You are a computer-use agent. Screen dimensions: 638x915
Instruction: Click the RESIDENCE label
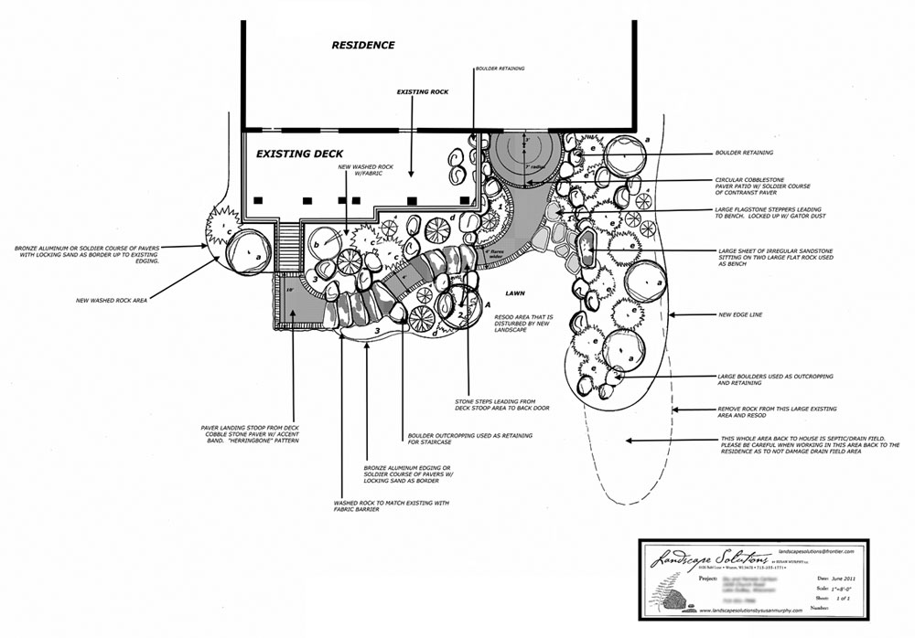[363, 45]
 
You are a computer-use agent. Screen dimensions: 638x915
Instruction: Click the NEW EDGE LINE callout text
[742, 315]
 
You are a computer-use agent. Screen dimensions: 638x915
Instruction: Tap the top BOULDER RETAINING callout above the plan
[501, 69]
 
